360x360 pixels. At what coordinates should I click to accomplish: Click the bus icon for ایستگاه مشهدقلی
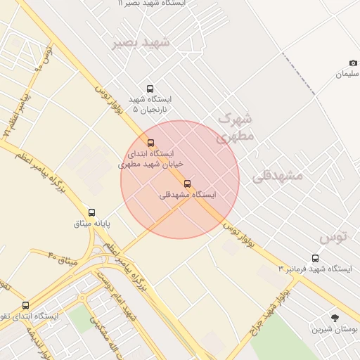coord(187,184)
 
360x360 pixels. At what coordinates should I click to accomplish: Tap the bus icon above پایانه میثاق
coord(91,212)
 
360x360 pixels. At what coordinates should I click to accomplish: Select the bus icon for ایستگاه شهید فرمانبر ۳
coord(315,258)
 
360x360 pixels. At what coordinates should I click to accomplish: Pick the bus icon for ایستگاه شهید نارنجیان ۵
coord(150,89)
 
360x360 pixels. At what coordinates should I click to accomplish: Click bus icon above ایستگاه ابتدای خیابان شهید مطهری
coord(150,143)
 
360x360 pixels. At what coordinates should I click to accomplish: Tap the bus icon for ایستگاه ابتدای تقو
coord(26,305)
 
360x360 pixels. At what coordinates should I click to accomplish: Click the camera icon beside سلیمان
coord(353,63)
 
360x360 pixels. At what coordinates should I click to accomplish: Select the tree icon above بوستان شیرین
coord(335,318)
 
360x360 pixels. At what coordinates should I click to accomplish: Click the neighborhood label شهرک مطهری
coord(236,127)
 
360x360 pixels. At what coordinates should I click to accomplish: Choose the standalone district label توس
coord(334,236)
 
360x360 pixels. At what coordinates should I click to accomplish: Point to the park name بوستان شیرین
coord(335,329)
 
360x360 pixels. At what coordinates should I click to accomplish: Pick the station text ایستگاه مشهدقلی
coord(188,195)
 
